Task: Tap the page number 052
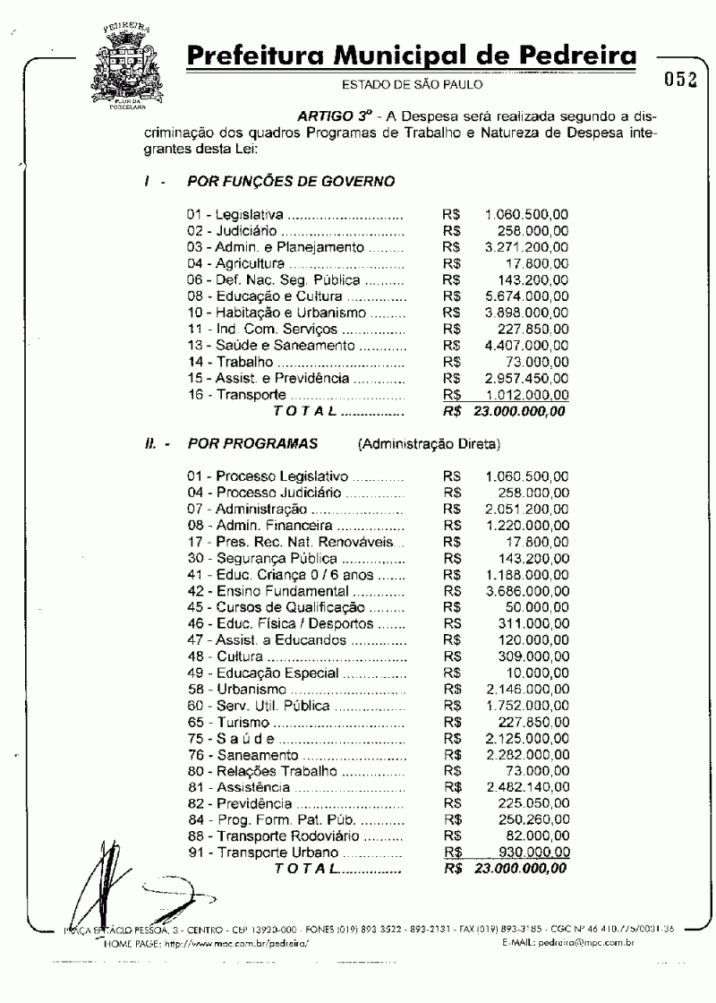[x=680, y=80]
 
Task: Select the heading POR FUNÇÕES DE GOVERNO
[x=291, y=181]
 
